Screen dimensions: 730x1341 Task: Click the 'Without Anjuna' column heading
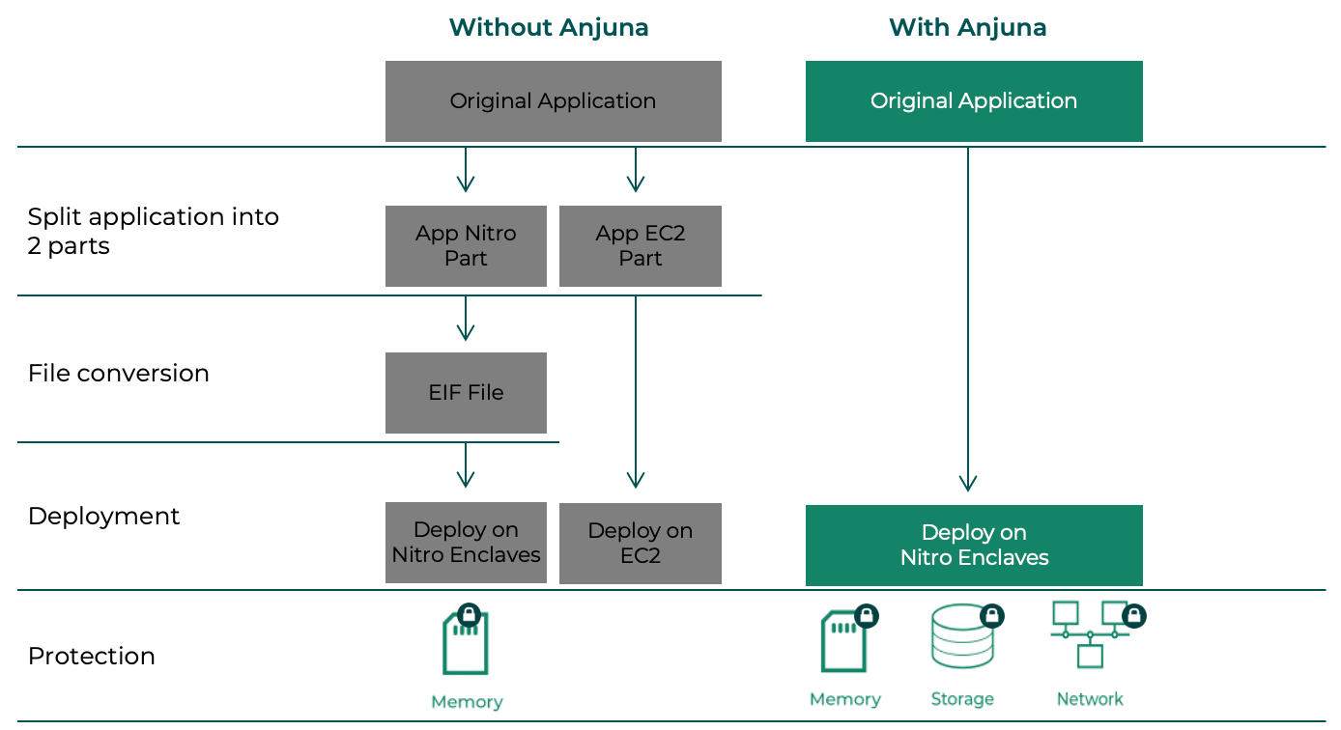tap(548, 27)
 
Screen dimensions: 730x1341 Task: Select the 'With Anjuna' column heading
tap(967, 27)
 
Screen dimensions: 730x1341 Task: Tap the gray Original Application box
tap(553, 101)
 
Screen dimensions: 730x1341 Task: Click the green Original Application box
tap(974, 101)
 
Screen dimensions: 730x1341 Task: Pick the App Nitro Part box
tap(466, 246)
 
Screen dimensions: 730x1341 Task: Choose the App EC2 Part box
tap(640, 246)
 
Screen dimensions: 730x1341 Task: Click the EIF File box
tap(466, 393)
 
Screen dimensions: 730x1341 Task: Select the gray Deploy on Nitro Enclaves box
tap(466, 543)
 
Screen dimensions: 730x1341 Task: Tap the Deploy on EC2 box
tap(640, 544)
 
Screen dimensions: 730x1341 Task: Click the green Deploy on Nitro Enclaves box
tap(974, 546)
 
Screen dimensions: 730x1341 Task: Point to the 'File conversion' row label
tap(118, 374)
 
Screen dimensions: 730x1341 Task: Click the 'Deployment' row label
tap(103, 517)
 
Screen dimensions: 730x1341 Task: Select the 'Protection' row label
tap(91, 657)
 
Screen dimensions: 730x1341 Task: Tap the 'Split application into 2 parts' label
tap(153, 232)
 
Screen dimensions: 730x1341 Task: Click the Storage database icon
tap(962, 638)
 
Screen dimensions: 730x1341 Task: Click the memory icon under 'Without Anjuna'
tap(466, 642)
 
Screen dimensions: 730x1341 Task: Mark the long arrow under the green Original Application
tap(968, 319)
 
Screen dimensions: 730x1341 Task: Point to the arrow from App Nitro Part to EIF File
tap(466, 319)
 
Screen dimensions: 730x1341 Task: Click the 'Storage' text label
tap(962, 699)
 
